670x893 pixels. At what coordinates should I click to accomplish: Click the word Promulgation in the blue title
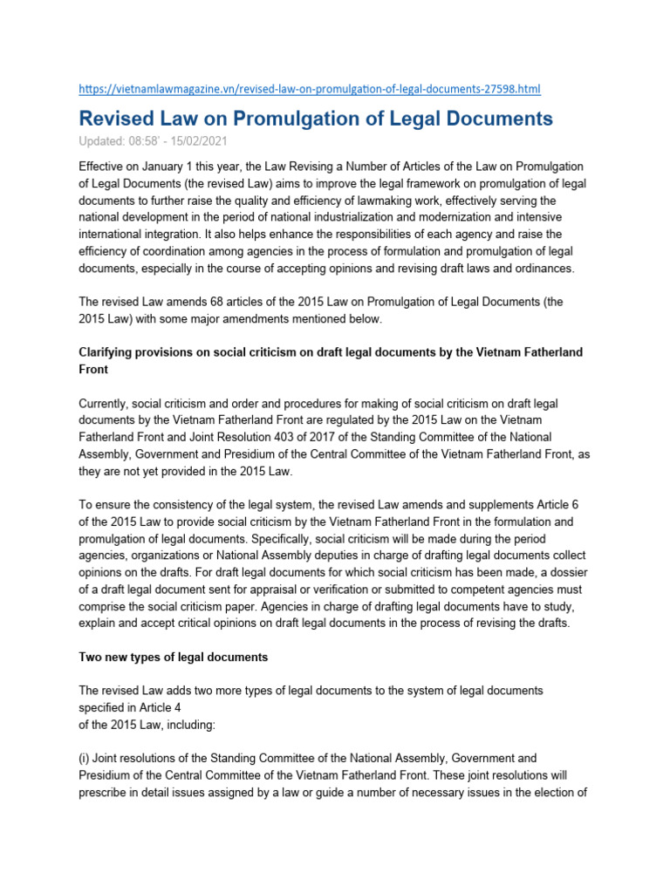pyautogui.click(x=301, y=119)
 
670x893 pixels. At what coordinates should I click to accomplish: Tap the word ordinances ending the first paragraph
pyautogui.click(x=544, y=268)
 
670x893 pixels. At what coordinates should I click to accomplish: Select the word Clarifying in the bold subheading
pyautogui.click(x=109, y=351)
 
